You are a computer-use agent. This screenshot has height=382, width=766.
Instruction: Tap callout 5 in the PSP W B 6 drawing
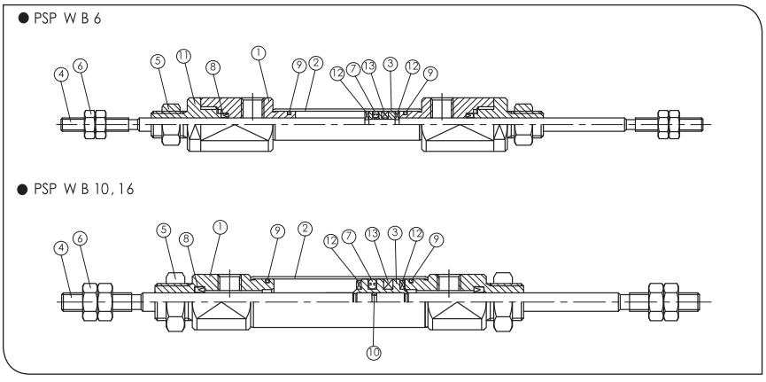click(x=157, y=61)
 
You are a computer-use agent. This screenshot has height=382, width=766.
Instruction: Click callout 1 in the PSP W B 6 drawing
click(x=258, y=53)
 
